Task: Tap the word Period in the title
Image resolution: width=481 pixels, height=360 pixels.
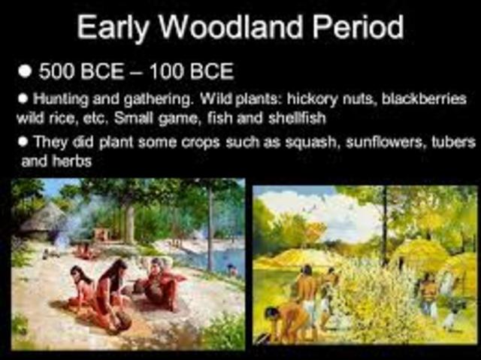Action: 357,28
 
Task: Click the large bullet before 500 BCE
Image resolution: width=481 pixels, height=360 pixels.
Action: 27,72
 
